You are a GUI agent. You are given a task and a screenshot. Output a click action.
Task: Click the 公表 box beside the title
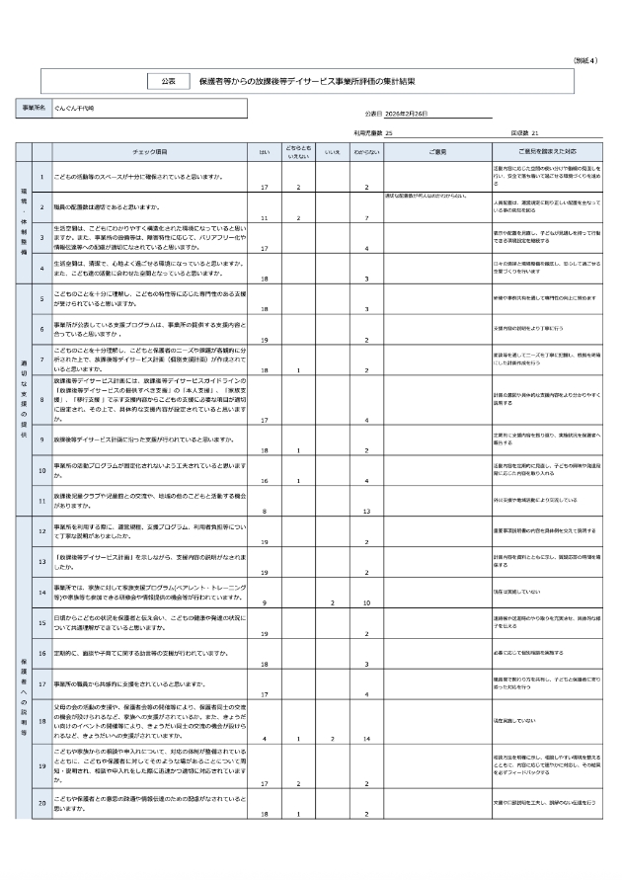pyautogui.click(x=168, y=80)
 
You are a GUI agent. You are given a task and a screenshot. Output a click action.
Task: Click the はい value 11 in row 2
pyautogui.click(x=264, y=217)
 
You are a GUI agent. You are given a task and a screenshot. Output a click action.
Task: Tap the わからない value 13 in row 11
pyautogui.click(x=366, y=511)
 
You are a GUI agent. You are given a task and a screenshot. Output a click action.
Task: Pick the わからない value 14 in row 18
pyautogui.click(x=366, y=738)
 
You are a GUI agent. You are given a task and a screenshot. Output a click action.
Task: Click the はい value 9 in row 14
pyautogui.click(x=264, y=601)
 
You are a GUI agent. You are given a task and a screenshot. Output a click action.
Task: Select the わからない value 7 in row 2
pyautogui.click(x=366, y=217)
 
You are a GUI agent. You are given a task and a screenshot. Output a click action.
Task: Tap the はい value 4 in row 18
pyautogui.click(x=264, y=738)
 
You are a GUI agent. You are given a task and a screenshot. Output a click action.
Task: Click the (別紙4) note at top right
pyautogui.click(x=584, y=61)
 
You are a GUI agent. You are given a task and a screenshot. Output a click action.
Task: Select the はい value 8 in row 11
pyautogui.click(x=264, y=511)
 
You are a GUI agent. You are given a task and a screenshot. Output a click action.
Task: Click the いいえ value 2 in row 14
pyautogui.click(x=333, y=601)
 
